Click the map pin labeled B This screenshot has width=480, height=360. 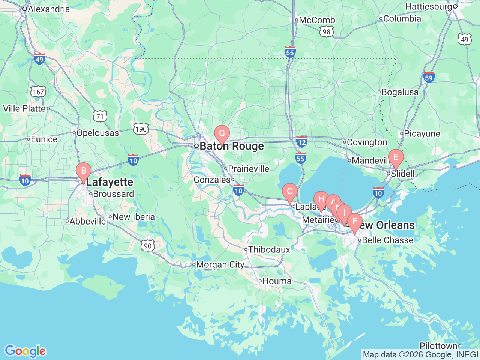pos(84,171)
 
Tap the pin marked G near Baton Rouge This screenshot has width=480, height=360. pos(222,133)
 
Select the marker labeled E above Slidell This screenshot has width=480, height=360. pos(396,157)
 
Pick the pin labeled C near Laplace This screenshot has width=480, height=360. pos(289,192)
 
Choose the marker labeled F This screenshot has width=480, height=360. pos(355,222)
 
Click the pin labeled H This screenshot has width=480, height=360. pos(321,199)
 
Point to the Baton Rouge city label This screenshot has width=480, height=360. pos(231,146)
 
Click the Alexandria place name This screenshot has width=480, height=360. pos(49,9)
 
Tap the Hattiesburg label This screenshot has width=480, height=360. pos(429,7)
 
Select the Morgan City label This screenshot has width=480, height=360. pos(220,265)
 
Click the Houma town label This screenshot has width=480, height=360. pos(277,281)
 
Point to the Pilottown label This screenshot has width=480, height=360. pos(438,346)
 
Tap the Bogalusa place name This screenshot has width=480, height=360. pos(400,92)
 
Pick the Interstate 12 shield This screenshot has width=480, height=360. pos(302,142)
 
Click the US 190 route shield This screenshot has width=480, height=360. pos(141,129)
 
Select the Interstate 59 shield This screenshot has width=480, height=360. pos(429,77)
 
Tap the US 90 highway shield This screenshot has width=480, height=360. pos(148,246)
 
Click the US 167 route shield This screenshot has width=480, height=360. pos(38,91)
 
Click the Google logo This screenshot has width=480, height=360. pos(25,351)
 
